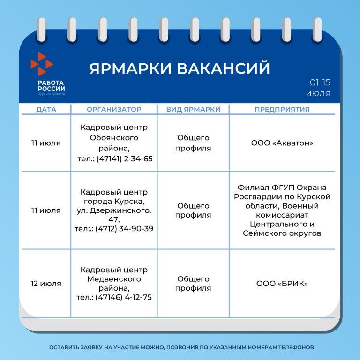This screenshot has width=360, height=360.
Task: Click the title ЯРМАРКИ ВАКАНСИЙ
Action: coord(180,68)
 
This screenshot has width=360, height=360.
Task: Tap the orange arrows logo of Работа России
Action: coord(42,64)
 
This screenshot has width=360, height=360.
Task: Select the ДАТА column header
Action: coord(46,109)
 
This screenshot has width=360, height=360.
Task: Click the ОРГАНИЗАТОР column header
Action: coord(114,109)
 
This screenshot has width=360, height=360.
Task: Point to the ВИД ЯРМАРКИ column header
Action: coord(193,109)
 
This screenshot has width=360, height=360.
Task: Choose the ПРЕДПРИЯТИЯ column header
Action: coord(282,109)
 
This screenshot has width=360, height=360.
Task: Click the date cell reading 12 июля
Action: coord(46,284)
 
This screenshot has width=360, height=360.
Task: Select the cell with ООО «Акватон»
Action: coord(282,143)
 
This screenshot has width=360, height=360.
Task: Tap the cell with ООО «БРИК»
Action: coord(282,284)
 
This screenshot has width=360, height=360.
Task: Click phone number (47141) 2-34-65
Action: coord(124,159)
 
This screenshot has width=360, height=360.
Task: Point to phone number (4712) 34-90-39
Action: coord(124,229)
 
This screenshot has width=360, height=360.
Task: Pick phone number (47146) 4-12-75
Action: coord(124,297)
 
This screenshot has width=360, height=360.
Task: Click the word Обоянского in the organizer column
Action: coord(114,138)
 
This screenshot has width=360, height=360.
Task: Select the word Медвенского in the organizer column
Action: coord(114,279)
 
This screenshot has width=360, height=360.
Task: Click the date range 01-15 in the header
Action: coord(320,82)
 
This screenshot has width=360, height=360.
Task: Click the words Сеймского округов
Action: coord(282,233)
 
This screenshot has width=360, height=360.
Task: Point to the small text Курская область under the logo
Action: coord(52,94)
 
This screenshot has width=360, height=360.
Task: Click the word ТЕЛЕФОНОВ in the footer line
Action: coord(296,347)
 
